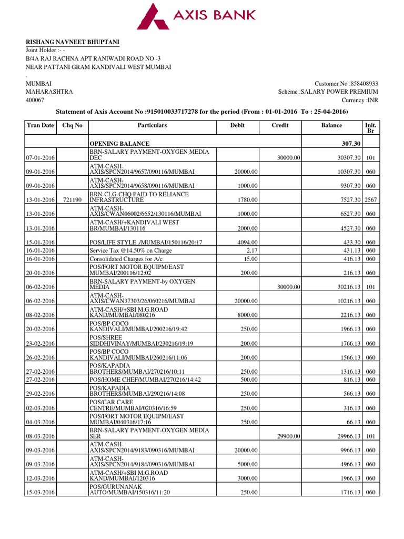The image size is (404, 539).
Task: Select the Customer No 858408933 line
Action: pos(346,84)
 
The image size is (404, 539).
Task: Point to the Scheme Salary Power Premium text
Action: pos(328,92)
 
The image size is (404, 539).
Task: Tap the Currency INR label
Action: pos(360,99)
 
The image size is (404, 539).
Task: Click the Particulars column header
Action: pos(152,125)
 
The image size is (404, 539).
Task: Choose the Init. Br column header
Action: pos(370,128)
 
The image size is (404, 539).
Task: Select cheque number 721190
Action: pos(72,200)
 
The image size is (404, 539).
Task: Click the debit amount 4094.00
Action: pos(247,242)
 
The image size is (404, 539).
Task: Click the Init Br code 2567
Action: pos(370,200)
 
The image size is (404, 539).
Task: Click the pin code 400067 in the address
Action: pos(35,99)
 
